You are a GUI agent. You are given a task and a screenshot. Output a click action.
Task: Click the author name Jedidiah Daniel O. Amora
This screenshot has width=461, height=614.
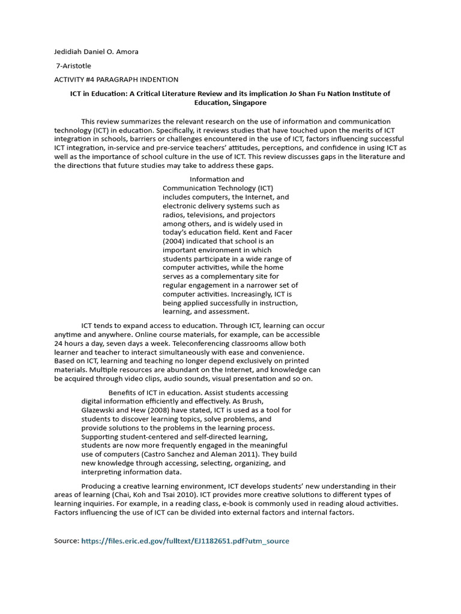(x=96, y=52)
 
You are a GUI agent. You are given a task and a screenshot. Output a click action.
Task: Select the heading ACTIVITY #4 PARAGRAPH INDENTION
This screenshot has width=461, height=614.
(x=116, y=80)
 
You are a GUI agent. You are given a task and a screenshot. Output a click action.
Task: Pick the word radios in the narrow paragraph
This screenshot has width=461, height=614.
(x=173, y=215)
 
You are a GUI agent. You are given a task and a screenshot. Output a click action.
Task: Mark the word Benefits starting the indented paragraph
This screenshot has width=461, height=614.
(x=123, y=393)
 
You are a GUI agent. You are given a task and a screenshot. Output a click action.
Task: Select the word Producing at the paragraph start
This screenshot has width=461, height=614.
(x=100, y=486)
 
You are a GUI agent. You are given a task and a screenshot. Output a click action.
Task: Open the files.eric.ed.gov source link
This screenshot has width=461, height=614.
(x=185, y=541)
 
